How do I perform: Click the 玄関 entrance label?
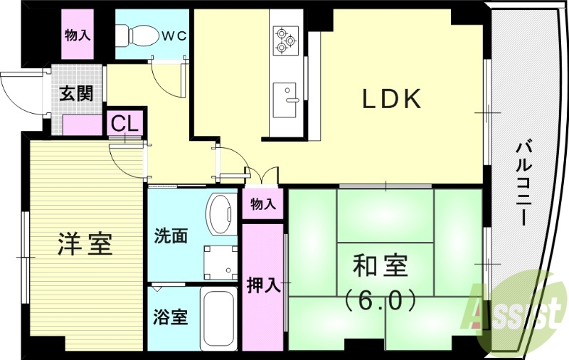pos(76,94)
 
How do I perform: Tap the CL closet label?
pos(125,123)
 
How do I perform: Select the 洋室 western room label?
pos(84,244)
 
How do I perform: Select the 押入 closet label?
pos(262,285)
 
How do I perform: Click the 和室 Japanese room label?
pos(381,265)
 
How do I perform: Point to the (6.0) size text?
pos(381,301)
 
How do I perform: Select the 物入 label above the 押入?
pos(262,205)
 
